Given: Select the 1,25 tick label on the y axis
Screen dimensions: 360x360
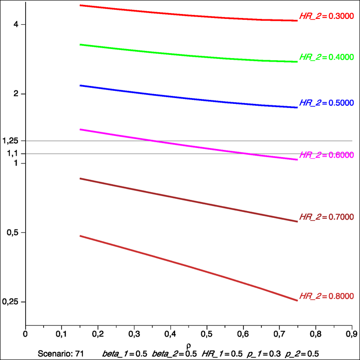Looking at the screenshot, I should tap(10, 141).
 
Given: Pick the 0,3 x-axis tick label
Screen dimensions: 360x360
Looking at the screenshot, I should tap(134, 334).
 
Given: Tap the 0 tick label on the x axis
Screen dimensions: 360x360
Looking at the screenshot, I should tap(26, 334).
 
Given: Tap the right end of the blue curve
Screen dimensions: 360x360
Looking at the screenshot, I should tap(297, 108).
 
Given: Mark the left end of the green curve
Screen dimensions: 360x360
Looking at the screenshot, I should tap(80, 45).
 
